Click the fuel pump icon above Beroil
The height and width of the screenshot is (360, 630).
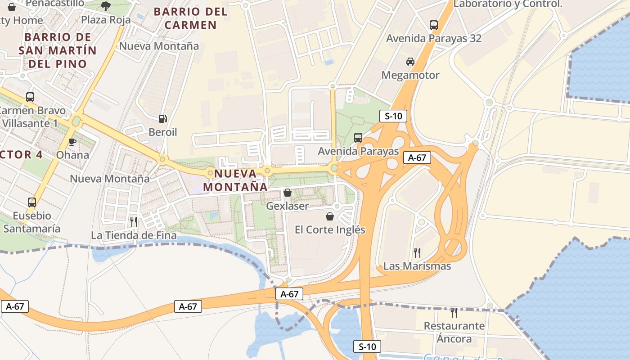(163, 119)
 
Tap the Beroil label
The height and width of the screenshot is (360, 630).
(163, 132)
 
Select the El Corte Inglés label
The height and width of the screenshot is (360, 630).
(330, 229)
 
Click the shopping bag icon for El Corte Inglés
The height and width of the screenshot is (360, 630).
(330, 216)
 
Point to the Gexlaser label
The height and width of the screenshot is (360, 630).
(288, 206)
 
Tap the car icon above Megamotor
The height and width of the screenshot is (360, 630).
(410, 62)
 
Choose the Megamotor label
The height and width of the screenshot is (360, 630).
(410, 75)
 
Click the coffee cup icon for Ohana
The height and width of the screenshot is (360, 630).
(72, 142)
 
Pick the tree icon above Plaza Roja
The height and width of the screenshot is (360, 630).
(106, 6)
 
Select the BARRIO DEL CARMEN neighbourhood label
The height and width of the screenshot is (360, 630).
(191, 18)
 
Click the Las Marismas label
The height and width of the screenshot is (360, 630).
(417, 266)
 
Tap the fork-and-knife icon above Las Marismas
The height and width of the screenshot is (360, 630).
(417, 253)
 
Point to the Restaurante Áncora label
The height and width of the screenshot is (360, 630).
(454, 332)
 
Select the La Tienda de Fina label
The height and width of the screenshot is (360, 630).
(134, 235)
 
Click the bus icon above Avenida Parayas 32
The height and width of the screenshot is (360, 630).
(434, 25)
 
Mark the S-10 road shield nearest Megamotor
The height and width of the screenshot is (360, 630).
(393, 117)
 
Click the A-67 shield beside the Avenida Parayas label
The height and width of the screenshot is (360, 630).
(417, 157)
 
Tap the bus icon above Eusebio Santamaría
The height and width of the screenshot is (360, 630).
(31, 202)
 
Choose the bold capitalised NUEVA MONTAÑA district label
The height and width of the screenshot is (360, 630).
(235, 180)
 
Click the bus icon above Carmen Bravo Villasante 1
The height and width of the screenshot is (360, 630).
(30, 97)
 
